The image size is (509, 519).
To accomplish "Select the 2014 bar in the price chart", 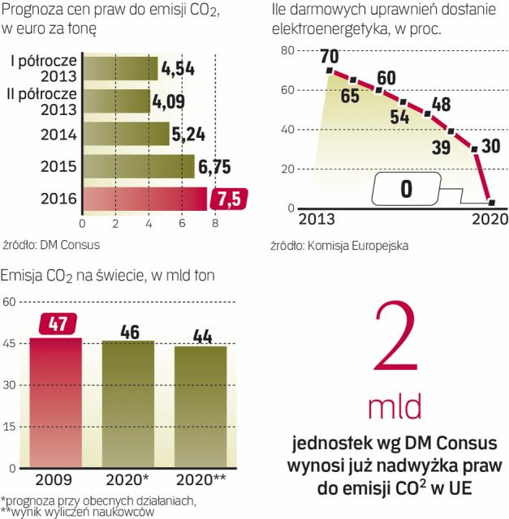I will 125,134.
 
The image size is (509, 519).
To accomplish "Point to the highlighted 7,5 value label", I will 226,199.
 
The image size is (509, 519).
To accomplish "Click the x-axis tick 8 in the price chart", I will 214,223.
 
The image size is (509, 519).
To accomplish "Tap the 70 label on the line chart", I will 329,57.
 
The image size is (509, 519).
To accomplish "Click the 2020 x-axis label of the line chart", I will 490,220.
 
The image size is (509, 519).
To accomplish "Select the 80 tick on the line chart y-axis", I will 285,50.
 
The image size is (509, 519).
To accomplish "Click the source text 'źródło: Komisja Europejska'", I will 339,244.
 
